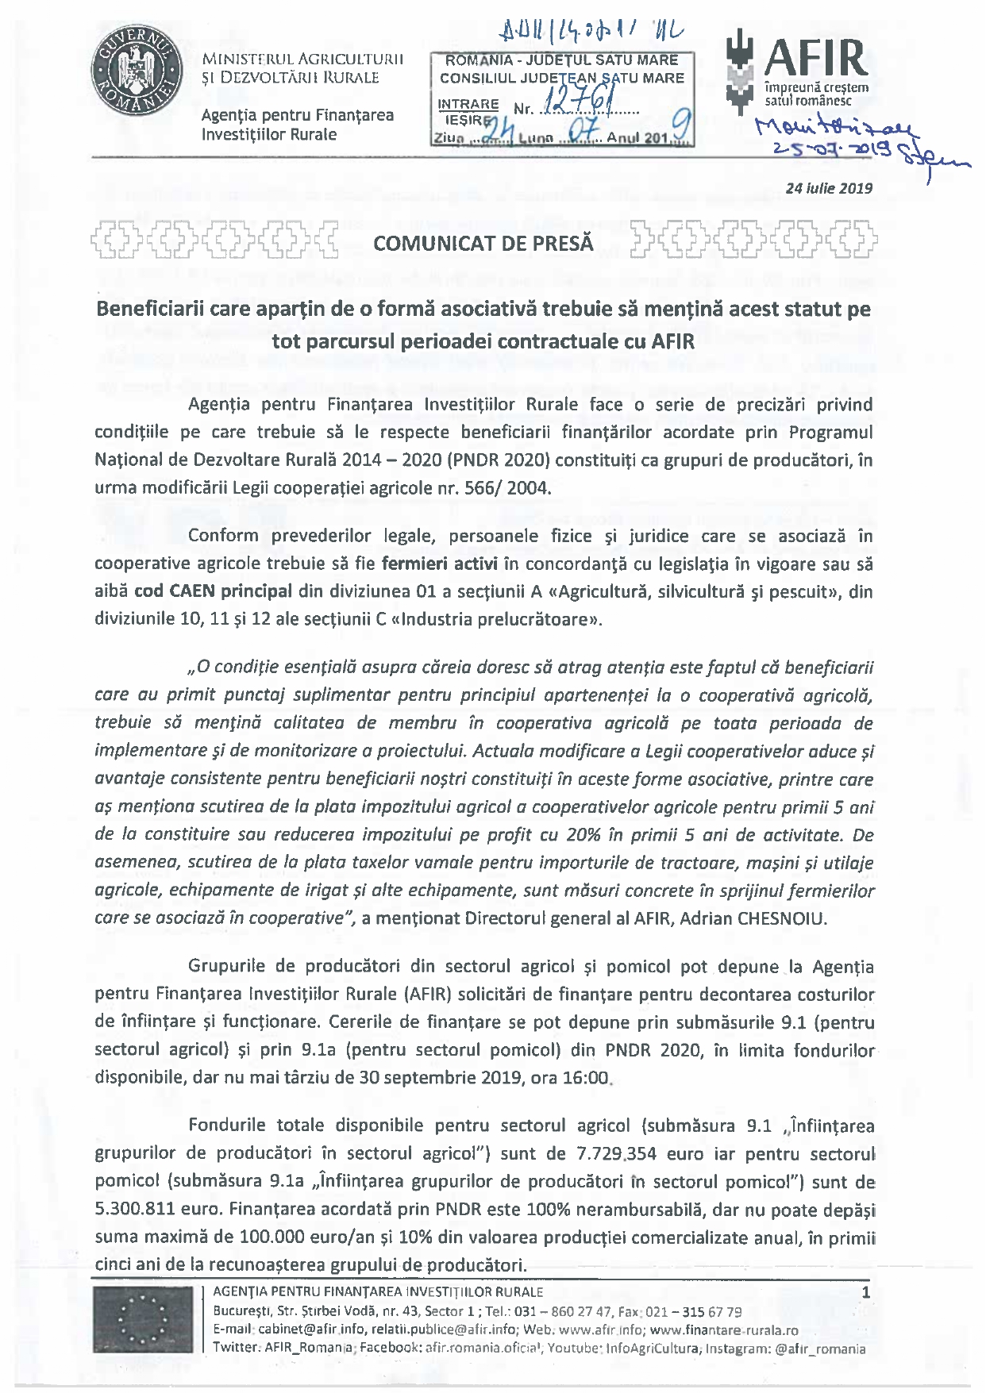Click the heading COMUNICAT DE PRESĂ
point(483,243)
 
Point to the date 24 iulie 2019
point(829,189)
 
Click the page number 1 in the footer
point(865,1293)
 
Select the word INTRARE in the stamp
point(468,105)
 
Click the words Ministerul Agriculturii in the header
point(302,60)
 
